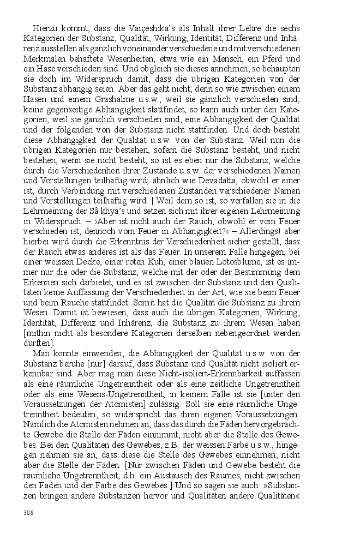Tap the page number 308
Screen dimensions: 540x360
[x=29, y=512]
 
